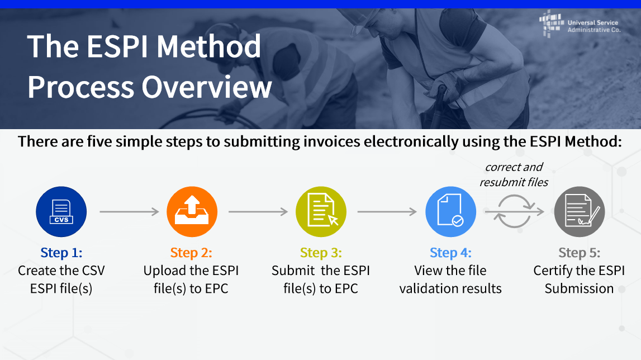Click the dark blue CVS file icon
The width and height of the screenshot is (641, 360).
point(61,212)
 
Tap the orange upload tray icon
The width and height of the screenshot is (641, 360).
point(192,212)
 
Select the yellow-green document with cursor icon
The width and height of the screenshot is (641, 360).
point(321,212)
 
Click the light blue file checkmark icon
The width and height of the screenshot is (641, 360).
point(450,212)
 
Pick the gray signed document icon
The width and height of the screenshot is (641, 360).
point(580,212)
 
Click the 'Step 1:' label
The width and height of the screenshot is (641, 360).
point(61,253)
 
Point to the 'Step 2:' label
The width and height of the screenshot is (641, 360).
point(191,253)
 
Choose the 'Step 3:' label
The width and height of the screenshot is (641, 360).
point(321,253)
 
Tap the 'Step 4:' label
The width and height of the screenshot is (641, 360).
point(450,253)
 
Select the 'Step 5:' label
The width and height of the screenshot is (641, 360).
point(580,253)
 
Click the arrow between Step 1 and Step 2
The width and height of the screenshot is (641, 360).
point(129,211)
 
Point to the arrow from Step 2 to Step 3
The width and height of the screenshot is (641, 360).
point(258,211)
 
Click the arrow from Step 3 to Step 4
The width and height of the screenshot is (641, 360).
point(387,211)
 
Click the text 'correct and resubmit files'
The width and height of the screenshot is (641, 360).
point(514,174)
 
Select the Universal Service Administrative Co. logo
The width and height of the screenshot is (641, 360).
point(580,25)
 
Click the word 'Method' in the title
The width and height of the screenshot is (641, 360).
point(209,46)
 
